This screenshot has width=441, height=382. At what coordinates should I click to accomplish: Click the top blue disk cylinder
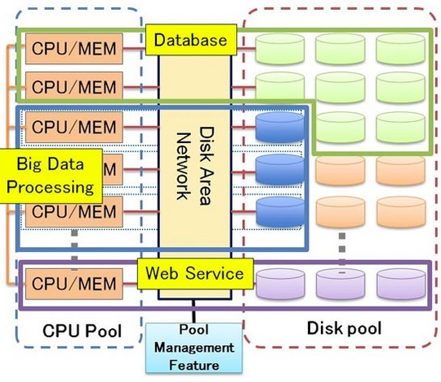coord(279,128)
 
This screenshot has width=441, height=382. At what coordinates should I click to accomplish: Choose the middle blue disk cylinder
coord(279,169)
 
